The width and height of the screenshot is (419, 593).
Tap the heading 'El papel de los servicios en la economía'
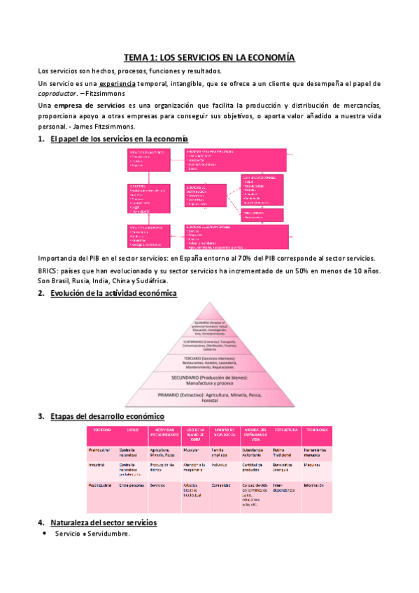(x=115, y=140)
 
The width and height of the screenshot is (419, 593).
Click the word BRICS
(x=49, y=271)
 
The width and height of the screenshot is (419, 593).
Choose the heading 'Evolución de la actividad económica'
(x=113, y=293)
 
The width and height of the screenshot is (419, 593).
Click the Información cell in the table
(x=314, y=484)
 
